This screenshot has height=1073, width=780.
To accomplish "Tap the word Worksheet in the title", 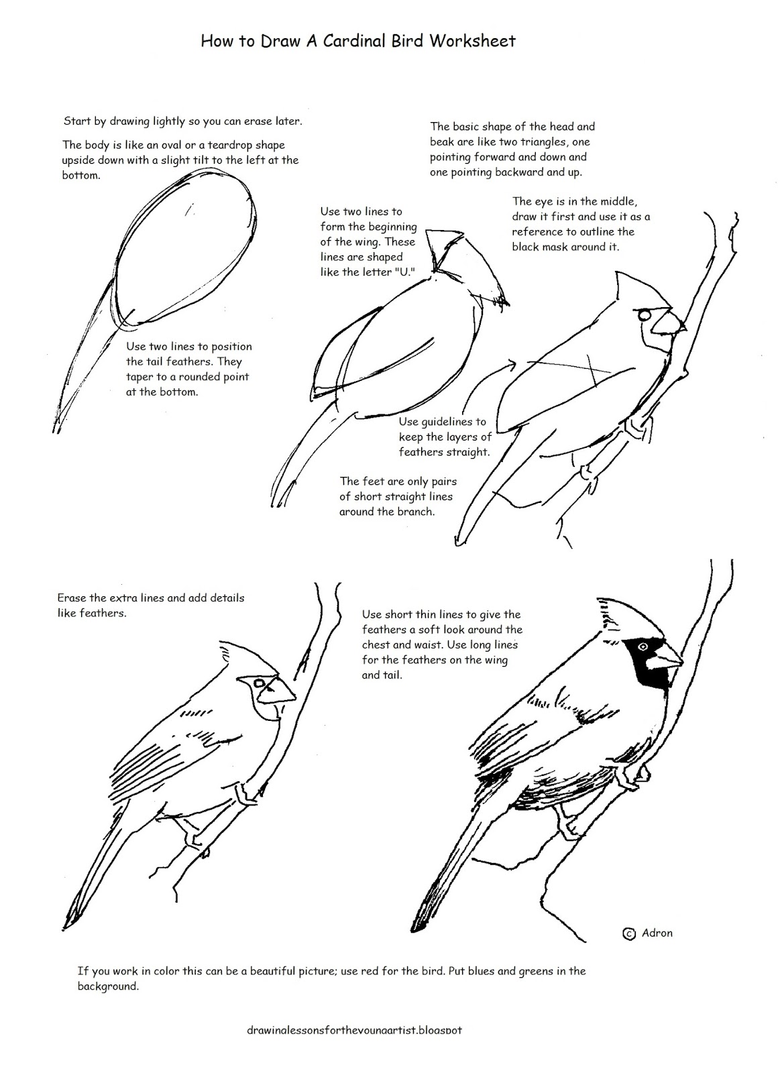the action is tap(472, 41).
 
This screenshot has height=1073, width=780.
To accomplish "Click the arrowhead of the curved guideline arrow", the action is tap(512, 363).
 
